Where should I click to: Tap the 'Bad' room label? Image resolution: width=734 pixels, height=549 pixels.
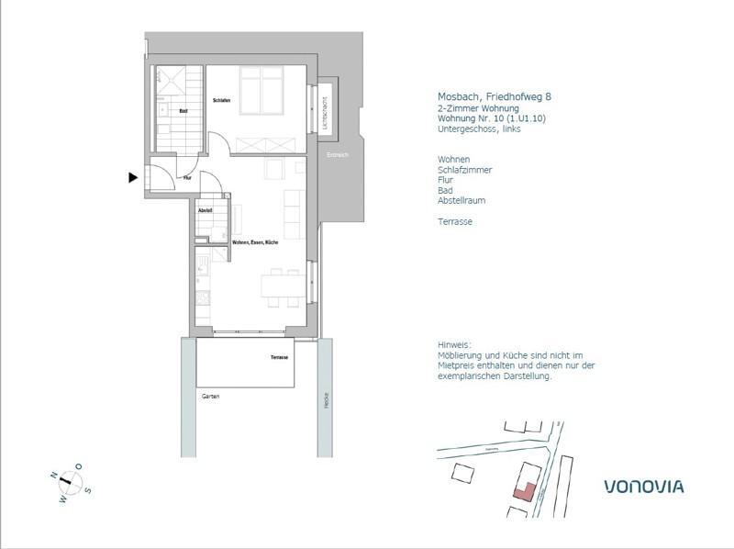point(183,111)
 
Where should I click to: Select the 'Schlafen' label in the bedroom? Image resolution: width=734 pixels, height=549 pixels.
point(221,100)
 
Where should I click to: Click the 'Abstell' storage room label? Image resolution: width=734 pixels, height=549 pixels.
point(206,211)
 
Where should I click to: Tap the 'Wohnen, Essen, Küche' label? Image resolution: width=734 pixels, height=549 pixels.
point(255,241)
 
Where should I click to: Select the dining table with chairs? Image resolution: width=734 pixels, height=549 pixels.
point(282,286)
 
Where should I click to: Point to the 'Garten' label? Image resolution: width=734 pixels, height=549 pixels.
point(210,397)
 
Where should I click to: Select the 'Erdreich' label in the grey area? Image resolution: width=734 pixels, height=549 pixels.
point(338,155)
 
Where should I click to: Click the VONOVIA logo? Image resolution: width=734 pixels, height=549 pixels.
point(643,486)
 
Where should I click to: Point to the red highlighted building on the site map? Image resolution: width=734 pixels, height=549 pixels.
point(522,490)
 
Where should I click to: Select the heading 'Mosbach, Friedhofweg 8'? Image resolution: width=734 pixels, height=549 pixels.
point(494,96)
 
